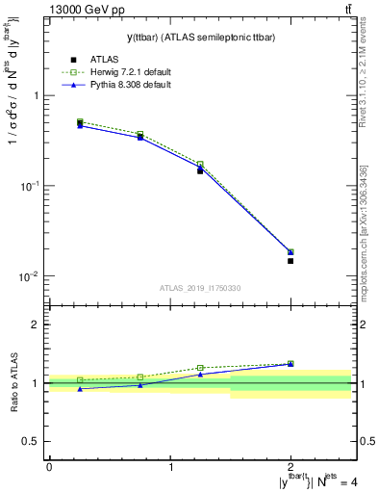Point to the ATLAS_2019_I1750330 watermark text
click(x=200, y=288)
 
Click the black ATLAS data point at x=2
click(x=290, y=261)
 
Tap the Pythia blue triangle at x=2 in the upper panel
click(x=290, y=252)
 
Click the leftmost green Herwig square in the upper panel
click(x=80, y=122)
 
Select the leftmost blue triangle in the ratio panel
click(x=80, y=388)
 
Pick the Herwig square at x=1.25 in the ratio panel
click(x=200, y=368)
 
